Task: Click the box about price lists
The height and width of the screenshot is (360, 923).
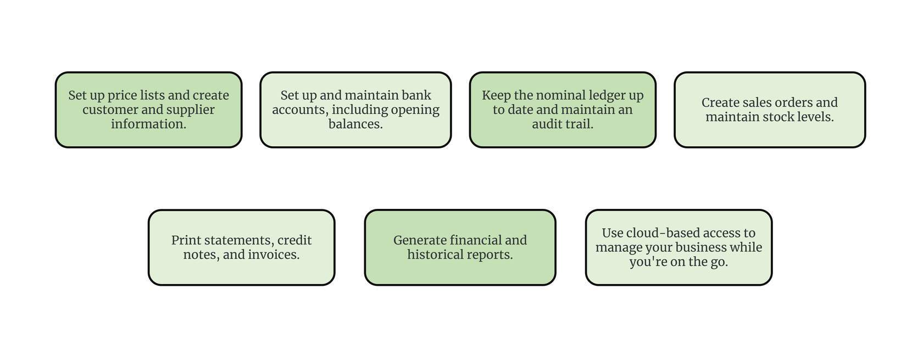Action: [148, 110]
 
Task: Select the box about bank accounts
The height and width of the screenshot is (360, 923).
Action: [355, 110]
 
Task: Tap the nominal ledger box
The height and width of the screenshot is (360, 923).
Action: [563, 110]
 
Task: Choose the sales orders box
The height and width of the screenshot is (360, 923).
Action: [770, 110]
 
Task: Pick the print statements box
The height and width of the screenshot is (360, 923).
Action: [242, 247]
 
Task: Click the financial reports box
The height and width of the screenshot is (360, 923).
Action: [460, 247]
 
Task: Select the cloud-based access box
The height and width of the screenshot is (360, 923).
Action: [679, 247]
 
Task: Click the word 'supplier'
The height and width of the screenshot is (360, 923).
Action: [190, 110]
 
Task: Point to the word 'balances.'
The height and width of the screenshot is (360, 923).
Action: [355, 124]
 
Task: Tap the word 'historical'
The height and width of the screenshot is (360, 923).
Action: [432, 254]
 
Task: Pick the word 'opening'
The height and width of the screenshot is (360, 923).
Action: [415, 110]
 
